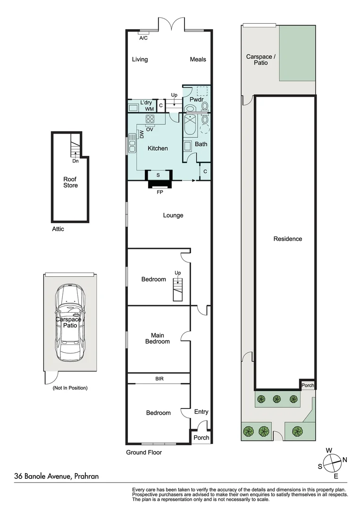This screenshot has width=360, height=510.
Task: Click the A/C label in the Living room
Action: [143, 38]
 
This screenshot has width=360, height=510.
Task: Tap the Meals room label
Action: [198, 59]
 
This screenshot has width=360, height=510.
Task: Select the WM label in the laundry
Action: [150, 109]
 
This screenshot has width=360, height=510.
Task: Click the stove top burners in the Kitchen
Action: [150, 118]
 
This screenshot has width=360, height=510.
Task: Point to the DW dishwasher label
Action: [142, 134]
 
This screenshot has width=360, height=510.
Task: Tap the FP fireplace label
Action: [160, 192]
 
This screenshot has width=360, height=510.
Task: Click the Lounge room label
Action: [173, 215]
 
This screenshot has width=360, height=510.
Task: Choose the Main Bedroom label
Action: [158, 338]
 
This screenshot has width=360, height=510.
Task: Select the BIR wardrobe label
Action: [159, 379]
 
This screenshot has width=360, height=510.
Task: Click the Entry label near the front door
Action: [201, 412]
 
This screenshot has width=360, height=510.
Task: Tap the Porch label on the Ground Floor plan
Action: [201, 438]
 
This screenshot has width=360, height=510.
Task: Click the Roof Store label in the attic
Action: [70, 182]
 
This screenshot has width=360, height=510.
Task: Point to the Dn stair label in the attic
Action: [75, 161]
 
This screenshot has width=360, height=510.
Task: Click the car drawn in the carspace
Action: [70, 323]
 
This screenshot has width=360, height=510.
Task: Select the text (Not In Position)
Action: [70, 388]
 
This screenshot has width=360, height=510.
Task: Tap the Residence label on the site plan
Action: [287, 239]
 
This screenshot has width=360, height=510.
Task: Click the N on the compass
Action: [345, 459]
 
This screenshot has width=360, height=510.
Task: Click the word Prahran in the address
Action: [86, 476]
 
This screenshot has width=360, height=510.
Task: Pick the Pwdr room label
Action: [196, 100]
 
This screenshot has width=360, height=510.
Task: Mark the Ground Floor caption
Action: [144, 452]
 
